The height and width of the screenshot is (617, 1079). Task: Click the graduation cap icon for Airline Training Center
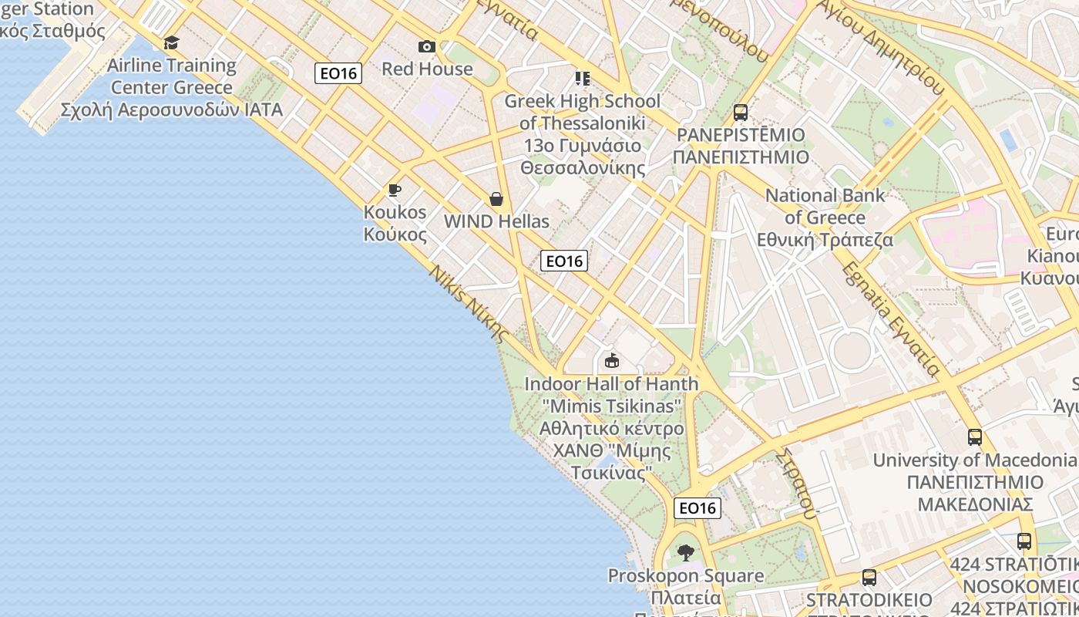(x=171, y=42)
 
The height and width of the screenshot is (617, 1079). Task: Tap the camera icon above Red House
(x=427, y=47)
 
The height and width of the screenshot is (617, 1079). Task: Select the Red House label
(x=427, y=69)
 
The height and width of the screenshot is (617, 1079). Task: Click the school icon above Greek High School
(x=583, y=79)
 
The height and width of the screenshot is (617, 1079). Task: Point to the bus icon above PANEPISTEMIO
(x=741, y=113)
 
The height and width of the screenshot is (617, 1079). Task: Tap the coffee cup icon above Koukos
(x=395, y=190)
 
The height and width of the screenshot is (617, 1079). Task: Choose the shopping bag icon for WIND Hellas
(x=496, y=200)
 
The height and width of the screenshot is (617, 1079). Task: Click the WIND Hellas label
(x=496, y=221)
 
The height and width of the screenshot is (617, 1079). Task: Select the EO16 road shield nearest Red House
(x=338, y=73)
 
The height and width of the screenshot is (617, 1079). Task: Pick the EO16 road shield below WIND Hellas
(x=564, y=261)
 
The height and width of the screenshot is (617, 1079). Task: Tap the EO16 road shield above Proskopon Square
(x=697, y=507)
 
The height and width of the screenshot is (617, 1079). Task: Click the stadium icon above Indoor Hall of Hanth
(x=612, y=360)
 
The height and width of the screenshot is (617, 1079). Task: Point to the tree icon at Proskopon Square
(x=685, y=552)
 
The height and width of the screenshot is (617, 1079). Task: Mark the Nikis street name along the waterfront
(x=469, y=304)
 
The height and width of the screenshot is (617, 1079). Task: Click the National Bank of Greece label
(x=825, y=217)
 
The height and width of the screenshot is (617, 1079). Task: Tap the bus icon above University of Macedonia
(x=975, y=437)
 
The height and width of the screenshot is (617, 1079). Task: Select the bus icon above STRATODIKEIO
(x=869, y=578)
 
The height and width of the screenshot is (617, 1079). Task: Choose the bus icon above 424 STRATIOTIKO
(x=1024, y=541)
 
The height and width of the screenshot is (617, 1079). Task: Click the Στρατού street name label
(x=797, y=483)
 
